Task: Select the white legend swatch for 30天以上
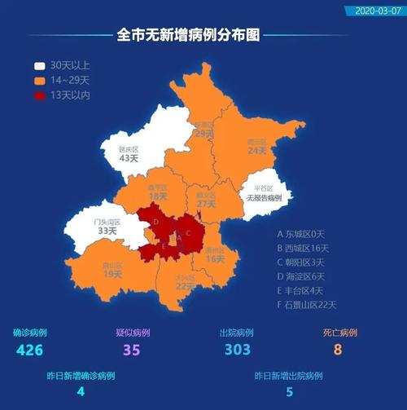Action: tap(40, 65)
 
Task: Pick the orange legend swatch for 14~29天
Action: tap(40, 81)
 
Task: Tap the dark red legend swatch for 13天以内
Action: tap(40, 96)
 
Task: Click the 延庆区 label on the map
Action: tap(129, 150)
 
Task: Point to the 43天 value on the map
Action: tap(129, 159)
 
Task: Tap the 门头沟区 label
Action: tap(107, 222)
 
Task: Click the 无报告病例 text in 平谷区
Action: tap(265, 198)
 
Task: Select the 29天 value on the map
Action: tap(204, 134)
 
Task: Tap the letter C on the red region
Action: tap(188, 232)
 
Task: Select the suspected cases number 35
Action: tap(132, 350)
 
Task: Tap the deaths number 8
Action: tap(335, 350)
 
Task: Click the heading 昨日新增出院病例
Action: tap(288, 376)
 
